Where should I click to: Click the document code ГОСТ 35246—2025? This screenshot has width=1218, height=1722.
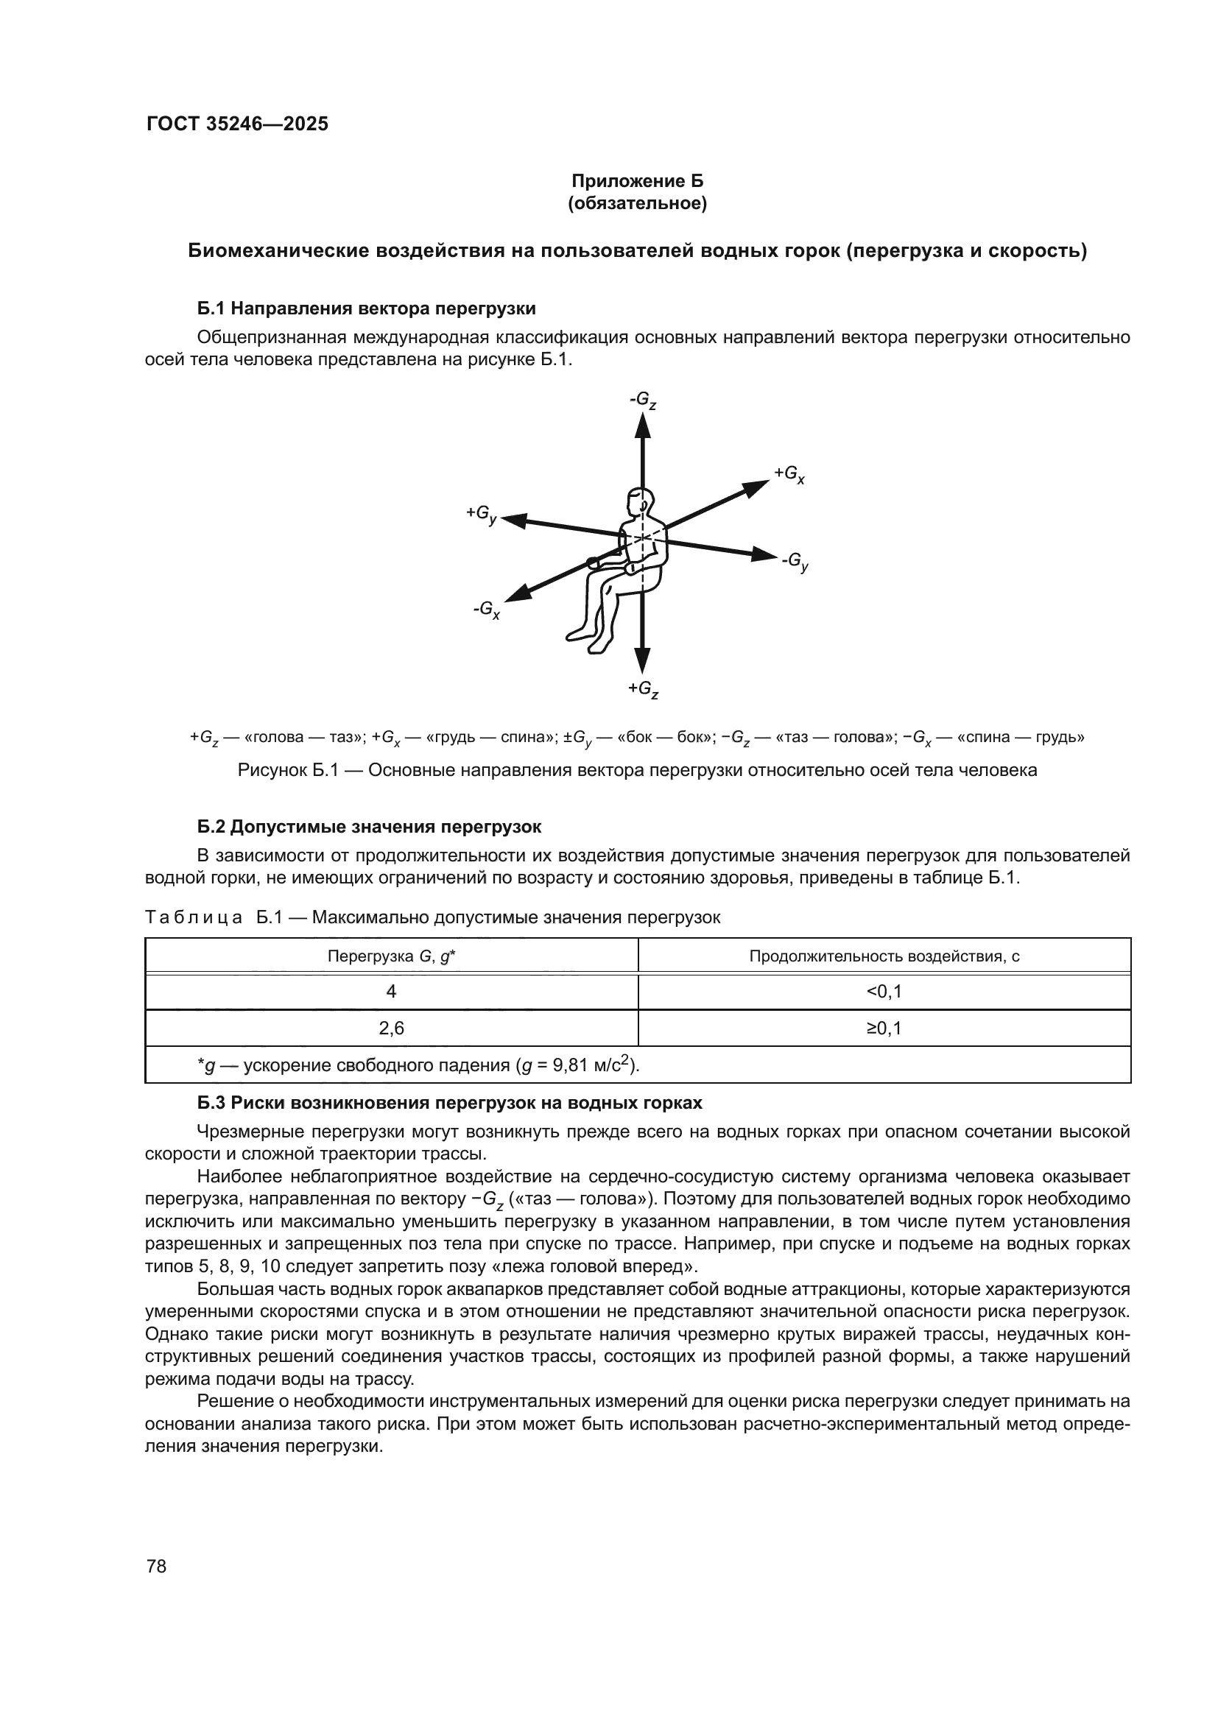click(237, 124)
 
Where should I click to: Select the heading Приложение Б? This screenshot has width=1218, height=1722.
click(638, 181)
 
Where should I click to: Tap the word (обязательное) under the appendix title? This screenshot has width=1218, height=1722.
click(638, 203)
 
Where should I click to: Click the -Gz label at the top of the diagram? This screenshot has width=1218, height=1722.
click(643, 400)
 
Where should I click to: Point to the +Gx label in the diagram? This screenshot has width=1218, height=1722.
click(789, 474)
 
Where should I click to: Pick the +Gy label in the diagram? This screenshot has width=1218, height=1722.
click(481, 514)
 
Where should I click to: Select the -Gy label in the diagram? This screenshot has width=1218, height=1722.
click(795, 562)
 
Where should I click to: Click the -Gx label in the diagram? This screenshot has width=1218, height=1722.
click(486, 609)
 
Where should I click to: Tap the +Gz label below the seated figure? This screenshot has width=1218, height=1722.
click(643, 689)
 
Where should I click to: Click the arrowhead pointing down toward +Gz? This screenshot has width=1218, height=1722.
click(642, 660)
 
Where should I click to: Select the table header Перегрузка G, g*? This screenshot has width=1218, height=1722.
click(392, 956)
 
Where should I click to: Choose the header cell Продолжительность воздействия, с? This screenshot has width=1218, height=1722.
click(884, 956)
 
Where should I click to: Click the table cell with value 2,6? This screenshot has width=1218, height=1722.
click(392, 1028)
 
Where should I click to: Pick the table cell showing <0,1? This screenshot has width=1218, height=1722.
click(884, 992)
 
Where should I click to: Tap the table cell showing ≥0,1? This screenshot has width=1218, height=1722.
click(884, 1028)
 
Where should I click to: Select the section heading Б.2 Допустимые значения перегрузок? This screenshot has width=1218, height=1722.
click(369, 827)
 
